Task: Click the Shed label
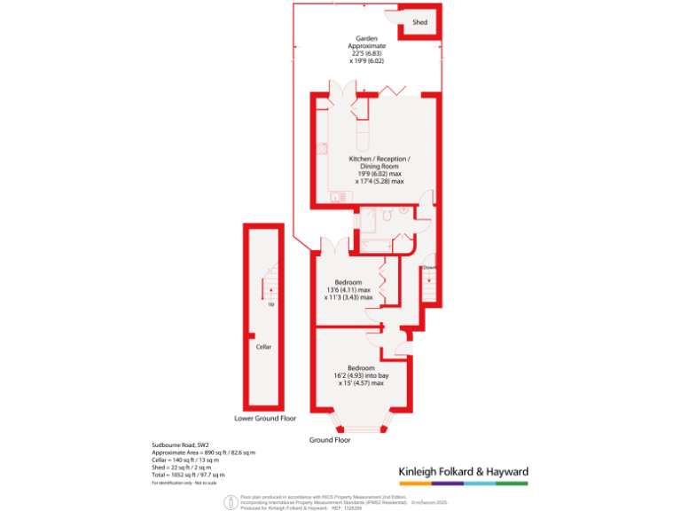pos(419,22)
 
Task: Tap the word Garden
pos(367,39)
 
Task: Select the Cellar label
pos(263,347)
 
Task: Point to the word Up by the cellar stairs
pos(270,304)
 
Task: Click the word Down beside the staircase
pos(428,267)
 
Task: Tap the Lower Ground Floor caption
pos(265,418)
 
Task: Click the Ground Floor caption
pos(331,440)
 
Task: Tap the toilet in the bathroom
pos(388,216)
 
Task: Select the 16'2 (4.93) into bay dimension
pos(361,376)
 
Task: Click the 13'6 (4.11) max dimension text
pos(348,289)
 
